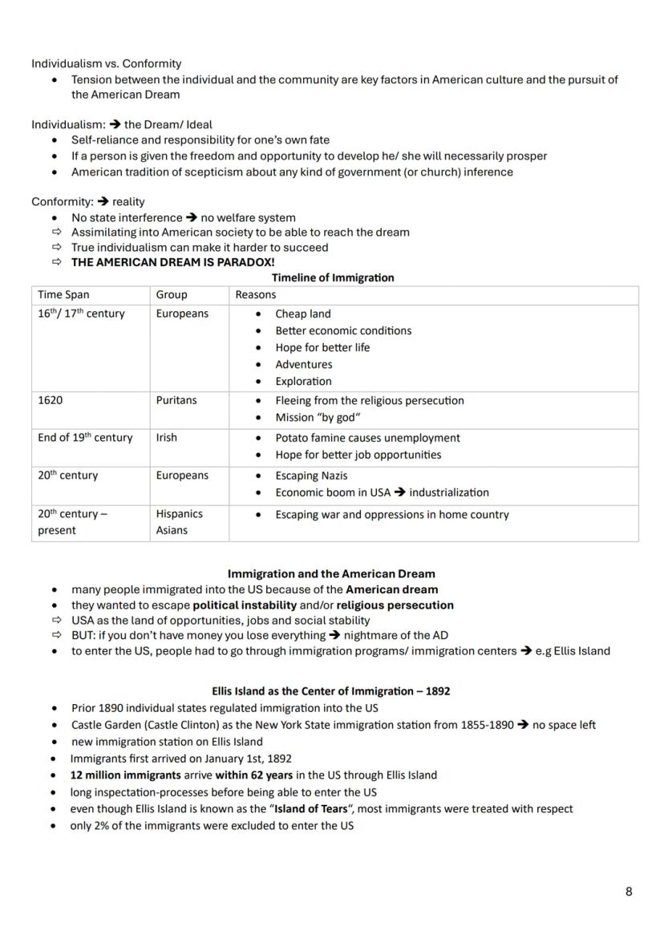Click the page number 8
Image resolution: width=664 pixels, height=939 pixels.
[629, 892]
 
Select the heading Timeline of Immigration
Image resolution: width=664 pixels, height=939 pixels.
[333, 277]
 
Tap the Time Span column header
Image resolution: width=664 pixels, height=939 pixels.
[63, 295]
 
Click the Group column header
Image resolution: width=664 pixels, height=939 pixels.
[172, 295]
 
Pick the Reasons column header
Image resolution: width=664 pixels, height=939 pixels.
[255, 295]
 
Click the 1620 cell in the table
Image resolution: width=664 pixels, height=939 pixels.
[51, 400]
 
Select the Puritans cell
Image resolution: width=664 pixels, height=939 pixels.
[176, 400]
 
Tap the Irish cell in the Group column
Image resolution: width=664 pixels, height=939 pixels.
[167, 438]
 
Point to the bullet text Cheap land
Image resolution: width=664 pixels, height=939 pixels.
[302, 314]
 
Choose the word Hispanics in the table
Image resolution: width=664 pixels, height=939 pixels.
[179, 514]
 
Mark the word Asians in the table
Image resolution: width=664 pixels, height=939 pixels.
[172, 530]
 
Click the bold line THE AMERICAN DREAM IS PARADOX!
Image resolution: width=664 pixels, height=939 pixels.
[172, 262]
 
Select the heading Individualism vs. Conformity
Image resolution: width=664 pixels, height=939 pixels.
[107, 63]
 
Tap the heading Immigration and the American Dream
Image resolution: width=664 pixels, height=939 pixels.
[331, 574]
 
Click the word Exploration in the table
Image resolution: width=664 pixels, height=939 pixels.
[303, 381]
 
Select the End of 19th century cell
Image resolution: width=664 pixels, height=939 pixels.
[85, 438]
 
